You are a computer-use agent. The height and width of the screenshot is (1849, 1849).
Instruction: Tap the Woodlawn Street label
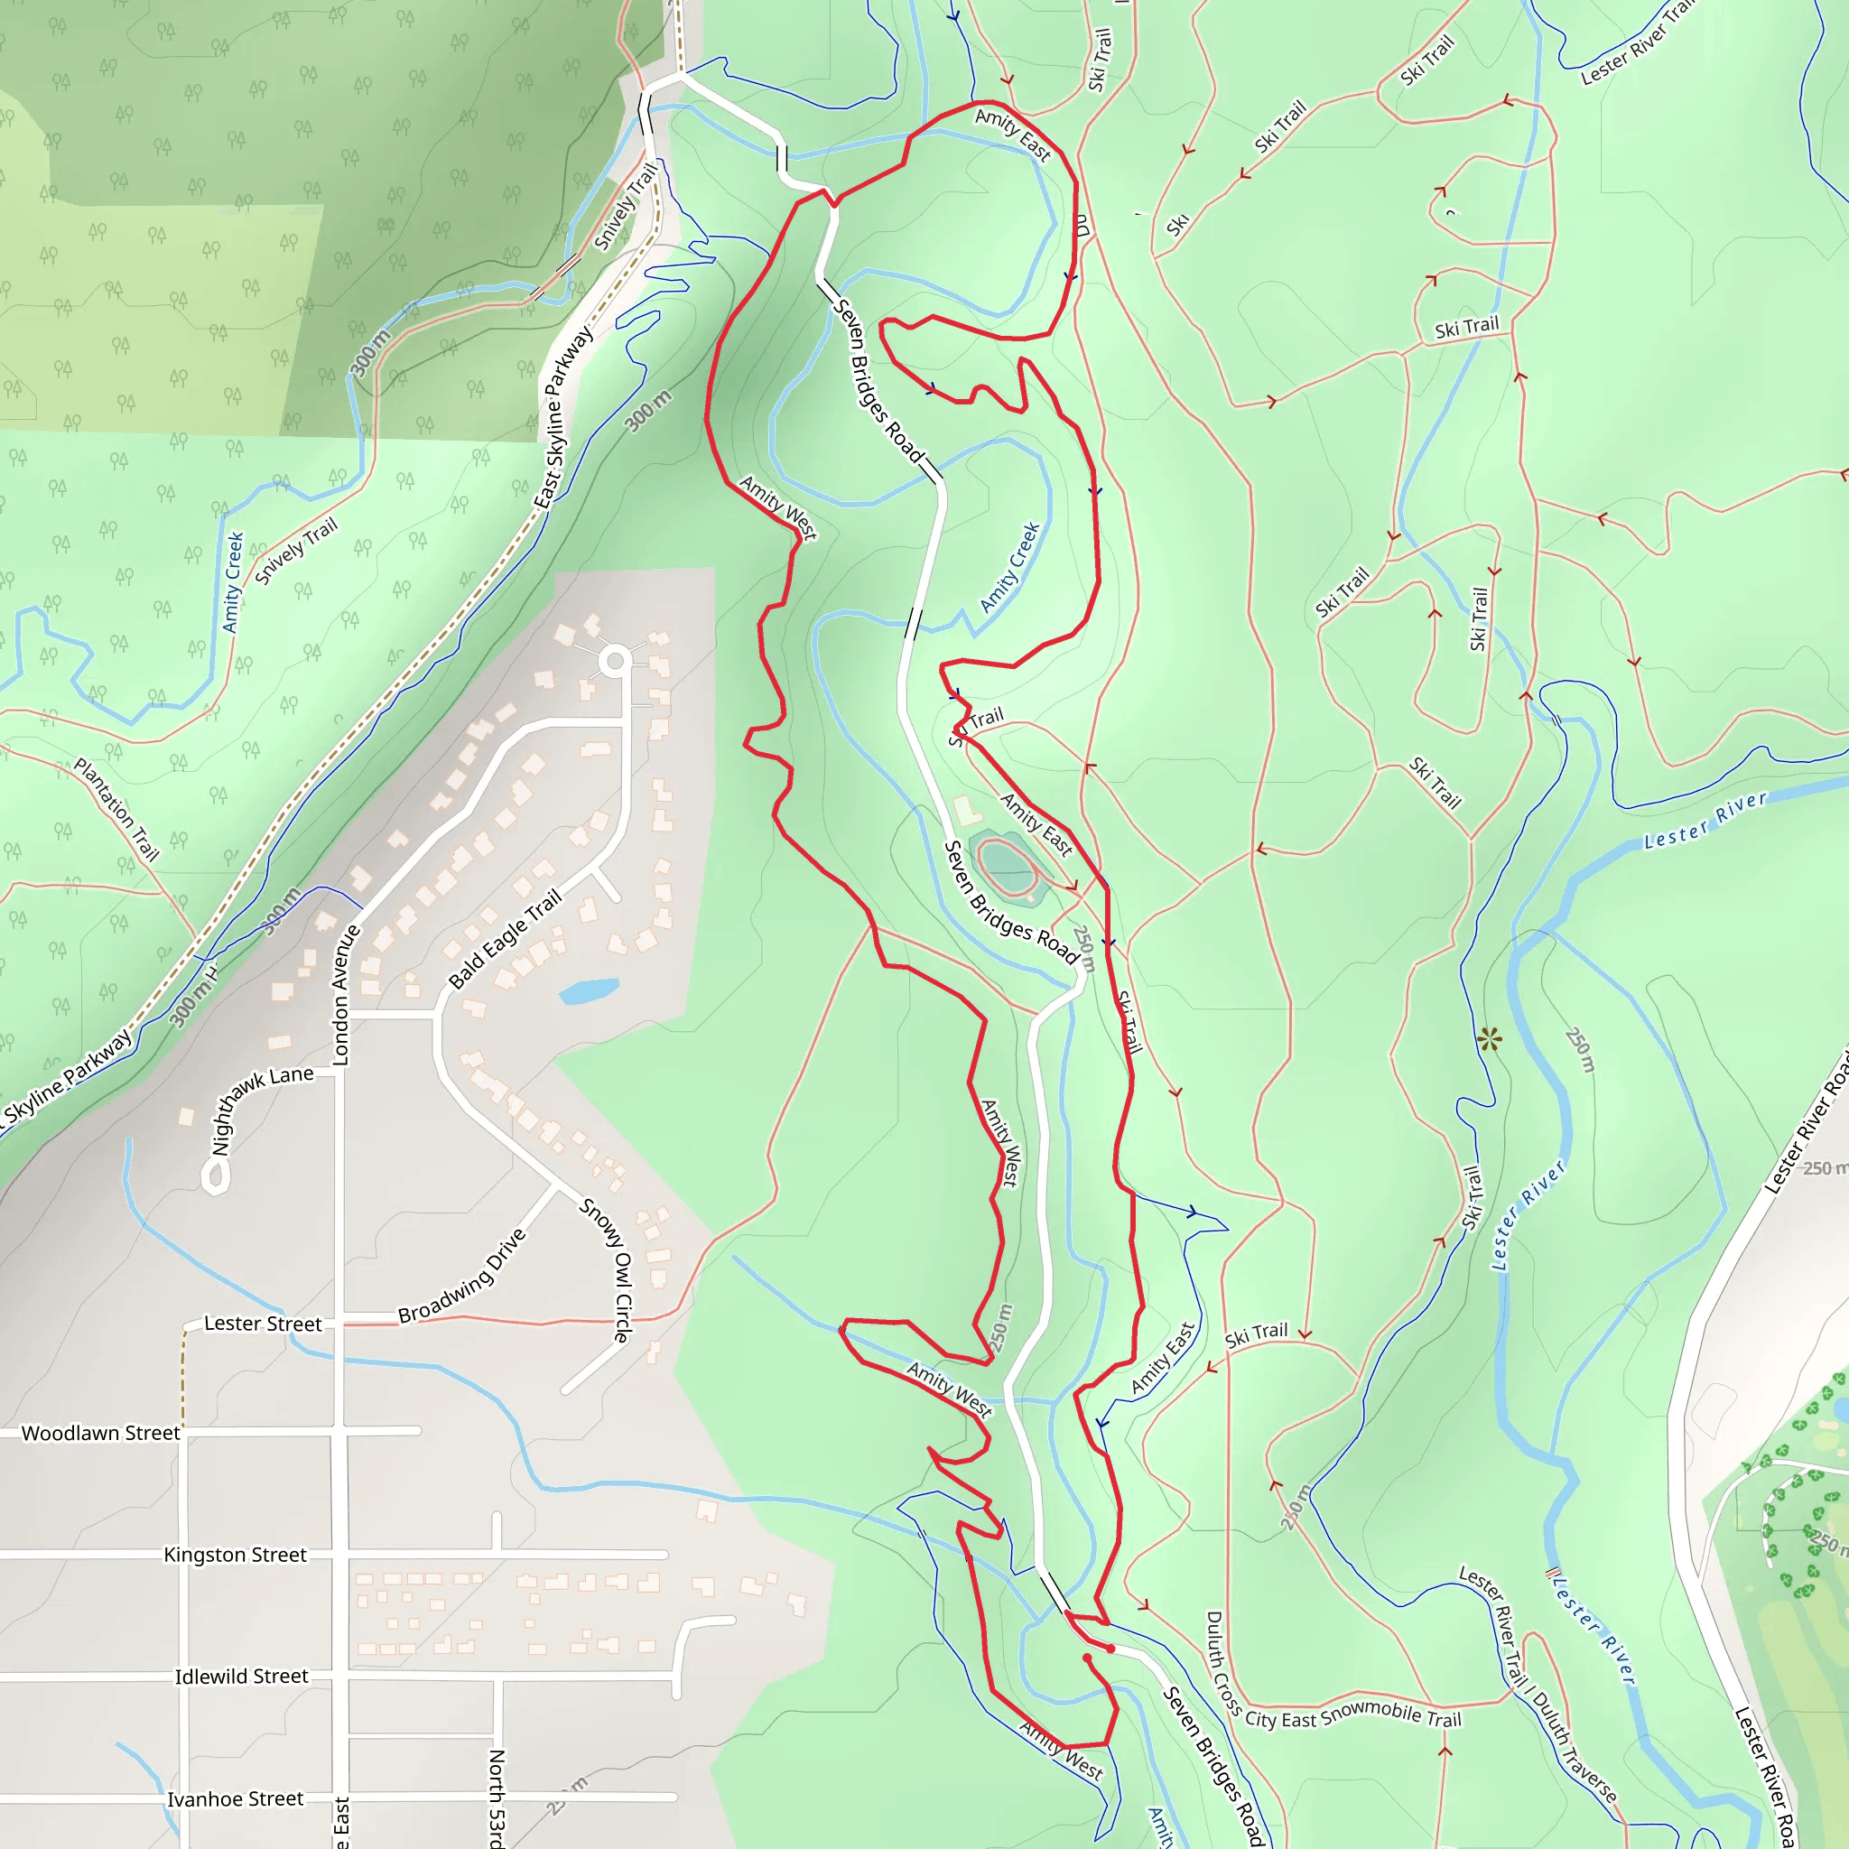coord(100,1433)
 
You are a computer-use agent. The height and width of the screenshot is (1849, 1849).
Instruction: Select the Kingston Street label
coord(236,1555)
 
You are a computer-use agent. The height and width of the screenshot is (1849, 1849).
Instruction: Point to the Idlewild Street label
coord(241,1676)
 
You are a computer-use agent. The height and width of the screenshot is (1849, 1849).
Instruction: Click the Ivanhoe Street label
coord(236,1798)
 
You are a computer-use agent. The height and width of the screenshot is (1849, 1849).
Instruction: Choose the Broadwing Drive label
coord(462,1276)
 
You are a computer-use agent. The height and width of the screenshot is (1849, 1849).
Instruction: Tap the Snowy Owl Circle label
coord(607,1269)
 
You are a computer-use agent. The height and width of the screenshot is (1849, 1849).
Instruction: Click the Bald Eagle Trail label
coord(506,939)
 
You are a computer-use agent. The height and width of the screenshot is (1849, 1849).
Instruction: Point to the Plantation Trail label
coord(116,809)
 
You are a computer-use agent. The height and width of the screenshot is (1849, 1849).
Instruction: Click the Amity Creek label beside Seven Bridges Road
coord(1009,568)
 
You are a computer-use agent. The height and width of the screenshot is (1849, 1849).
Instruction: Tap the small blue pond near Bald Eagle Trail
coord(588,990)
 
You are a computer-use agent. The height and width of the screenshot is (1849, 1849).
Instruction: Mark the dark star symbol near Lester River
coord(1489,1039)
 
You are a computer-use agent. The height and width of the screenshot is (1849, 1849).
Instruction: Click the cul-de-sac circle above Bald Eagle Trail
coord(617,660)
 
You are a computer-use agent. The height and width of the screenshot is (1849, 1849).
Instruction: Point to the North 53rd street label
coord(497,1798)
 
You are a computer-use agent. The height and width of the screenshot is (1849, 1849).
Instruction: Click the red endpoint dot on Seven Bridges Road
coord(1111,1649)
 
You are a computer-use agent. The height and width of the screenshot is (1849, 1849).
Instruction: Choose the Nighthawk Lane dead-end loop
coord(217,1176)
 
